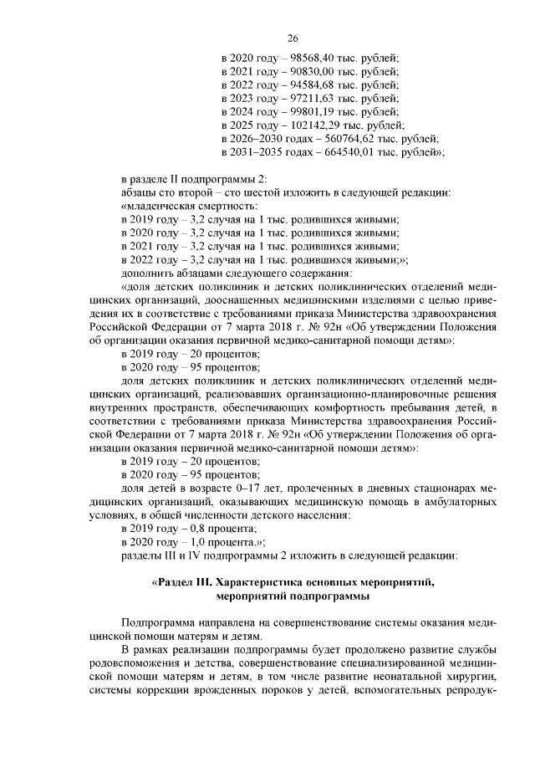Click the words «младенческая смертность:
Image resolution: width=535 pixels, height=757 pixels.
click(189, 206)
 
